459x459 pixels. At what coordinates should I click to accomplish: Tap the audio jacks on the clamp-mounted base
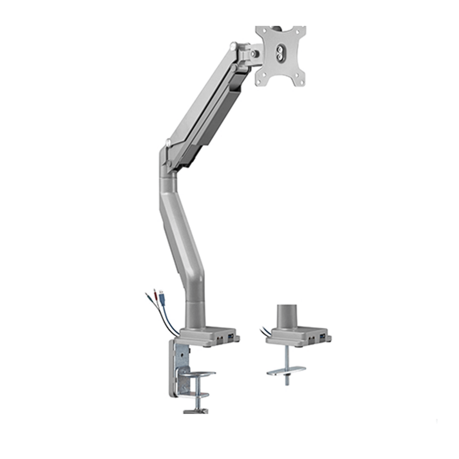click(x=220, y=336)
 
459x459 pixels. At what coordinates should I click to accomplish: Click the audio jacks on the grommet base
click(x=311, y=336)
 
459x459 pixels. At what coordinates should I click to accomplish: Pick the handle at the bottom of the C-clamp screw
click(x=195, y=411)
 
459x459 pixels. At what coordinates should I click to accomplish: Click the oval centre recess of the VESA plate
click(x=280, y=52)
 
